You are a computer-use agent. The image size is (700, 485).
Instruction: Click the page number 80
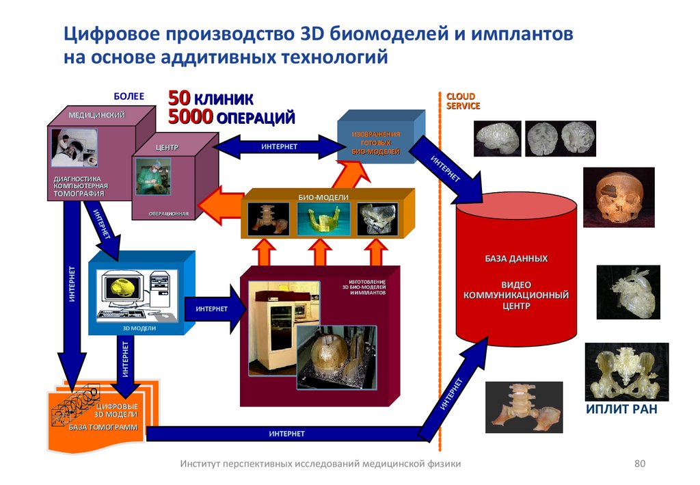pyautogui.click(x=640, y=464)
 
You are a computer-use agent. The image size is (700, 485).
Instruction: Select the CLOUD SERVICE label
pyautogui.click(x=463, y=101)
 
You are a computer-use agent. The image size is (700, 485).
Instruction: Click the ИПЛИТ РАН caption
pyautogui.click(x=621, y=410)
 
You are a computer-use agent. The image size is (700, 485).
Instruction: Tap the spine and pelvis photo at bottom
pyautogui.click(x=524, y=406)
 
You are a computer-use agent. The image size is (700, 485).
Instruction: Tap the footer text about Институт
pyautogui.click(x=320, y=464)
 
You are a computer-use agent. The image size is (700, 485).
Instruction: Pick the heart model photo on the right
pyautogui.click(x=628, y=292)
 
